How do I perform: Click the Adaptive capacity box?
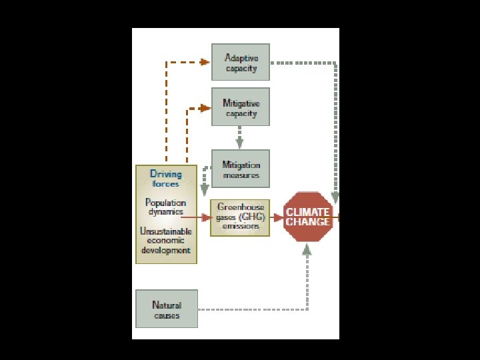tap(241, 63)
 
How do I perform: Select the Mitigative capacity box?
tap(241, 107)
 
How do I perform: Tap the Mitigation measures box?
tap(241, 169)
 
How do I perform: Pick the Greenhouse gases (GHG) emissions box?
tap(241, 217)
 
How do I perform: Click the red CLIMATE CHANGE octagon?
tap(308, 217)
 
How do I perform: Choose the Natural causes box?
tap(167, 309)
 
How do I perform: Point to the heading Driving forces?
tap(165, 179)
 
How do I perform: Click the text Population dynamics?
tap(165, 207)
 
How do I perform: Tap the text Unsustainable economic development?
tap(165, 241)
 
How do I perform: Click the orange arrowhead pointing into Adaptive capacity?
tap(205, 63)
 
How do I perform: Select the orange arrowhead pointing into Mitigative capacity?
tap(205, 107)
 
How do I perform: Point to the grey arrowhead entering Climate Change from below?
tap(307, 249)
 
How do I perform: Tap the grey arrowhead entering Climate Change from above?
tap(335, 197)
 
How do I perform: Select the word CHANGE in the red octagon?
tap(308, 222)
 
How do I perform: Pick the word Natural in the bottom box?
tap(167, 305)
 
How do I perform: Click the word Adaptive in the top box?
tap(241, 58)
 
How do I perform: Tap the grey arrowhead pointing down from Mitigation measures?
tap(205, 192)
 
